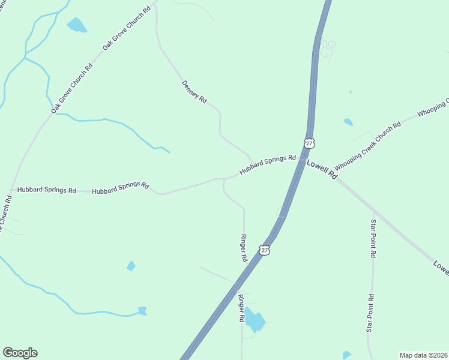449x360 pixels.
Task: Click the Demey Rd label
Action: pyautogui.click(x=194, y=92)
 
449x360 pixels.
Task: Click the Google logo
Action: pyautogui.click(x=20, y=353)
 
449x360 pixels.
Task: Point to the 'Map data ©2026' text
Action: pyautogui.click(x=423, y=355)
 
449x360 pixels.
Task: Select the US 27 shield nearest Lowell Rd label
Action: pyautogui.click(x=309, y=143)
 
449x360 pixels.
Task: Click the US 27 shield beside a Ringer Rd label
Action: pyautogui.click(x=265, y=250)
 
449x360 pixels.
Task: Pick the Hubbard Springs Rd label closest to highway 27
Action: pyautogui.click(x=268, y=166)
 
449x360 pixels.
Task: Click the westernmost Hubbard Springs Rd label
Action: pyautogui.click(x=46, y=190)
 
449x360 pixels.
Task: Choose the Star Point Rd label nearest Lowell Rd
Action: pyautogui.click(x=373, y=238)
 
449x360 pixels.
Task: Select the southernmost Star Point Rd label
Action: pyautogui.click(x=372, y=313)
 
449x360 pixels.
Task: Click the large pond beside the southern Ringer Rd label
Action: pyautogui.click(x=255, y=321)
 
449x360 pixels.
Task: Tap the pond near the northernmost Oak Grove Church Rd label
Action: pyautogui.click(x=77, y=25)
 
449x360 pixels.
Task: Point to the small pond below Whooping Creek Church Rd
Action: pyautogui.click(x=348, y=122)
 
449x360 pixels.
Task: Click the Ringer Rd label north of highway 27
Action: pyautogui.click(x=244, y=248)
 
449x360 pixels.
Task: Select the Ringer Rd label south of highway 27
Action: pyautogui.click(x=241, y=309)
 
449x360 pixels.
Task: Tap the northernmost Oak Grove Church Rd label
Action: pyautogui.click(x=127, y=29)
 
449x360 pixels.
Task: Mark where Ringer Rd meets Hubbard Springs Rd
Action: pyautogui.click(x=224, y=179)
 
